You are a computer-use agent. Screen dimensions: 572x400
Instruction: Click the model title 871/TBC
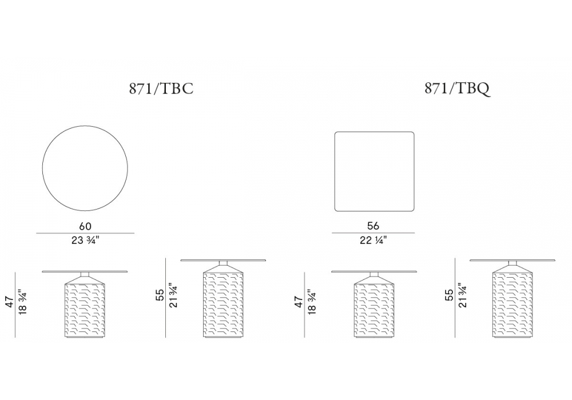pyautogui.click(x=161, y=89)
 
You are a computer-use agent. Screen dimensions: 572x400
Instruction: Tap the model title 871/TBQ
pyautogui.click(x=457, y=89)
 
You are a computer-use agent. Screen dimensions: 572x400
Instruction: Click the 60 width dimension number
pyautogui.click(x=85, y=226)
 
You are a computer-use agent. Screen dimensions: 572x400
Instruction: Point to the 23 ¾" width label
pyautogui.click(x=85, y=241)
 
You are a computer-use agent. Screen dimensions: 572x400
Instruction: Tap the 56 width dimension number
pyautogui.click(x=373, y=226)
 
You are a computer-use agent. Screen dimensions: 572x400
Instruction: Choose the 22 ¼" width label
pyautogui.click(x=373, y=240)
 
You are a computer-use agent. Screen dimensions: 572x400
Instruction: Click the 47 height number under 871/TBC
pyautogui.click(x=10, y=302)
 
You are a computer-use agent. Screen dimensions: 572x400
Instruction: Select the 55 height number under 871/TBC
pyautogui.click(x=160, y=295)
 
